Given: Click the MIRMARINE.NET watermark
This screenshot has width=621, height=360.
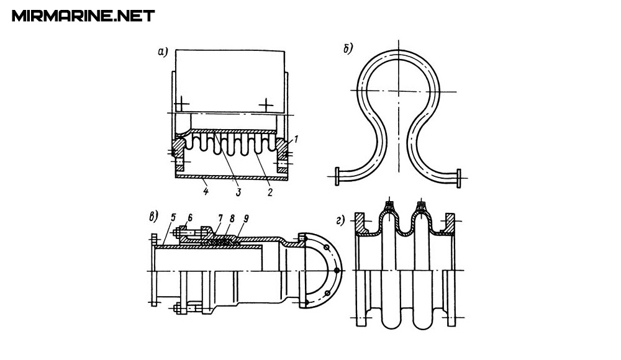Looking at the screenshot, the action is (83, 16).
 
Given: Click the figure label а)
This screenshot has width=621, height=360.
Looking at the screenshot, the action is (163, 52).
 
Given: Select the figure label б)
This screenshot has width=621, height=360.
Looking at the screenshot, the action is (348, 49).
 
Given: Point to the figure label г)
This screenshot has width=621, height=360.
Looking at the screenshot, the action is (340, 220).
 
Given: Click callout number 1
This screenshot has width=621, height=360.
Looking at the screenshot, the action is (296, 139).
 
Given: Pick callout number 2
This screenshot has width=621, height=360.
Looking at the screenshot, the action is (270, 192).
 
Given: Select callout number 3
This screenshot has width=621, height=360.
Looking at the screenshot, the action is (238, 192).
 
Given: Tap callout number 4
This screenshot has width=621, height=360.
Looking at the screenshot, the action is (206, 192).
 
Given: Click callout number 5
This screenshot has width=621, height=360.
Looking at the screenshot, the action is (173, 217).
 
